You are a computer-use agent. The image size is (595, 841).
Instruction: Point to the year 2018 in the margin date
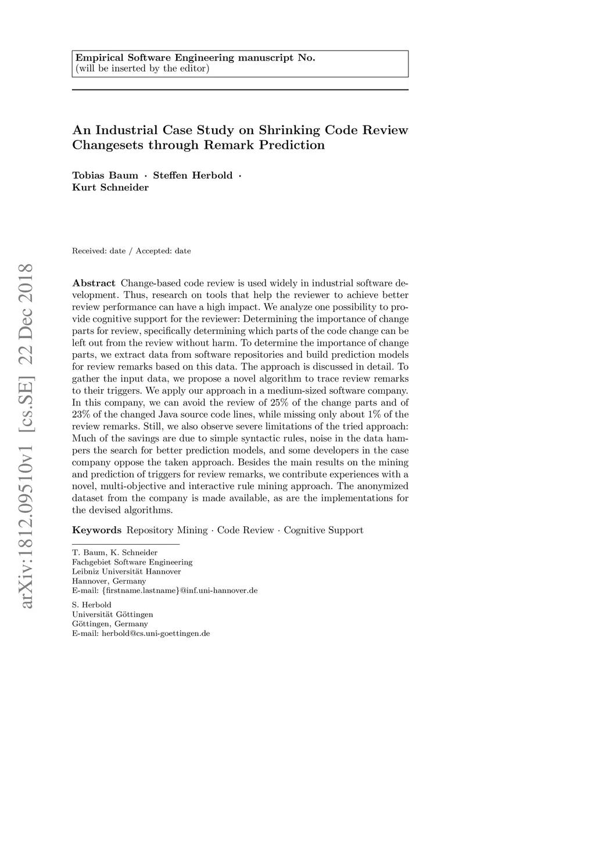(26, 283)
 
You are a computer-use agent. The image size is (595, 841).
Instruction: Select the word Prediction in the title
(292, 145)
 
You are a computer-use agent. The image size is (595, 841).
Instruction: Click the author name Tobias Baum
(105, 175)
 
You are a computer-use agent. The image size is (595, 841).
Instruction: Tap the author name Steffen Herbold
(192, 175)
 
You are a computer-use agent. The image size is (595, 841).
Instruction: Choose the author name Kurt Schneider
(110, 188)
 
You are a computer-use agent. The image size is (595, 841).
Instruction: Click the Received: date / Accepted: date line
(131, 251)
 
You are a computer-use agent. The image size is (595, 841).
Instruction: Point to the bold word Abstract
(94, 283)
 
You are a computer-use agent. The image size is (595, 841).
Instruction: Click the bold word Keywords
(96, 530)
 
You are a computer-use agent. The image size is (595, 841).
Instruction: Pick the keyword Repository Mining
(167, 530)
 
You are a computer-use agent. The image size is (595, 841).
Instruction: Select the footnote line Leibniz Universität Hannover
(127, 572)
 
